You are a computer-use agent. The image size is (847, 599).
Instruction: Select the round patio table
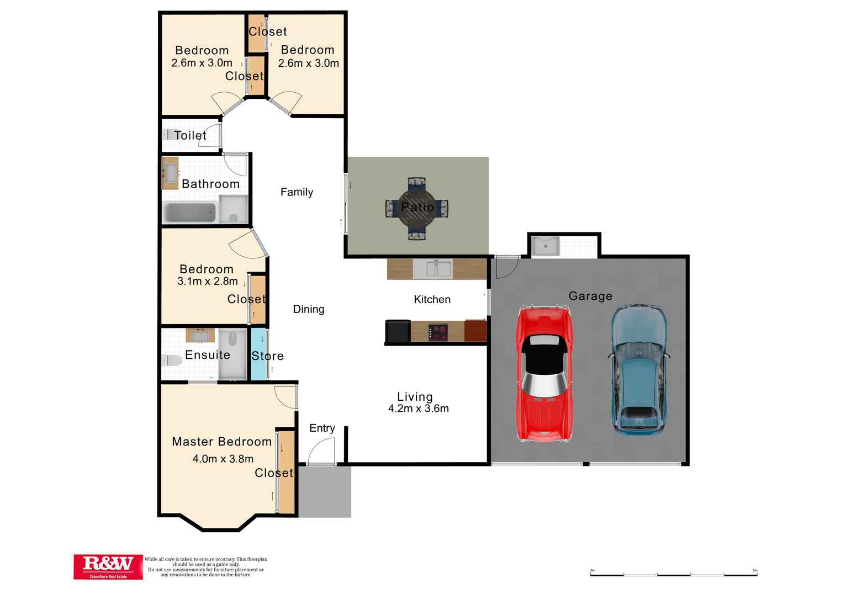coord(417,208)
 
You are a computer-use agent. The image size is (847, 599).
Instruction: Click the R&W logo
coord(108,566)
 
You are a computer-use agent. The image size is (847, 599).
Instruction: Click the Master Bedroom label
coord(221,442)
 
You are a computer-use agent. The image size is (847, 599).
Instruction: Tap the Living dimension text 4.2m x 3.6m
coord(418,409)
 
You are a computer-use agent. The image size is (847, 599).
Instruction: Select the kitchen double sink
coord(432,269)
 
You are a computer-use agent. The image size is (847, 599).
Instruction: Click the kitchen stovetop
coord(438,332)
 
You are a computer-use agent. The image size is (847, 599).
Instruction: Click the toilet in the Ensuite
coord(172,361)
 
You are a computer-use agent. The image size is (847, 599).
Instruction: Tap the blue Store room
coord(258,354)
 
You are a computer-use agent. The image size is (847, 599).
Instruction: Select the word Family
coord(297,192)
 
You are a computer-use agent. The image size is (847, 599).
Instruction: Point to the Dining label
coord(308,309)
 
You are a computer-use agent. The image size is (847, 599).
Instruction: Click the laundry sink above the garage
coord(546,246)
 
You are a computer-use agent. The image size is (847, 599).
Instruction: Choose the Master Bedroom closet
coord(286,472)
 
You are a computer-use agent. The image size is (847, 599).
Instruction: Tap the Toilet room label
coord(190,135)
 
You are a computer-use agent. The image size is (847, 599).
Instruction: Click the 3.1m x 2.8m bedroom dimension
coord(207,282)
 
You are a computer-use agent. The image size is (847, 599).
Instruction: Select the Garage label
coord(590,296)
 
